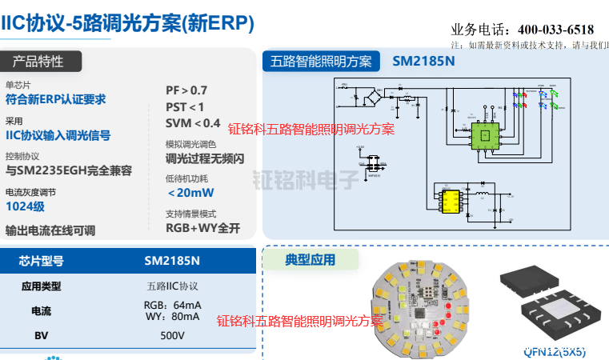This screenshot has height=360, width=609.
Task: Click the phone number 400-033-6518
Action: pos(556,30)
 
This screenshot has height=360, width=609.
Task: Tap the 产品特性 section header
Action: pos(38,62)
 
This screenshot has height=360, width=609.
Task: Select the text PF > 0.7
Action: pos(186,90)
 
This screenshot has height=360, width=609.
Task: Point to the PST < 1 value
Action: pos(185,106)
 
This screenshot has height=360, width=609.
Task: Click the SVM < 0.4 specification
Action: pos(193,122)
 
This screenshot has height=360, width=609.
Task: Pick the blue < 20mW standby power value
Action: pos(190,193)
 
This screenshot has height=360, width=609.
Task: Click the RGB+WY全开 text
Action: pos(202,228)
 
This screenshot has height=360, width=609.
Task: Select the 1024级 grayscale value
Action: pos(25,206)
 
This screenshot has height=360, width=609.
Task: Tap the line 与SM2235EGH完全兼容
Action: pos(69,170)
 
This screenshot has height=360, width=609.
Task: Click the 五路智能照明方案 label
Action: pos(322,62)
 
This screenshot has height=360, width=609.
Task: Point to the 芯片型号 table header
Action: pos(41,261)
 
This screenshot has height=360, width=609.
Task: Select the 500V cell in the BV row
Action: pos(172,336)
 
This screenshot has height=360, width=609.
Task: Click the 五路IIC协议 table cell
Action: pos(172,286)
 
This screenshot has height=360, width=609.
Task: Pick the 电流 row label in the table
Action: pos(41,310)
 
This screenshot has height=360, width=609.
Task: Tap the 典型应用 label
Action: pos(311,259)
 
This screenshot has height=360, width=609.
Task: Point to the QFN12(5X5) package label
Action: pos(555,350)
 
